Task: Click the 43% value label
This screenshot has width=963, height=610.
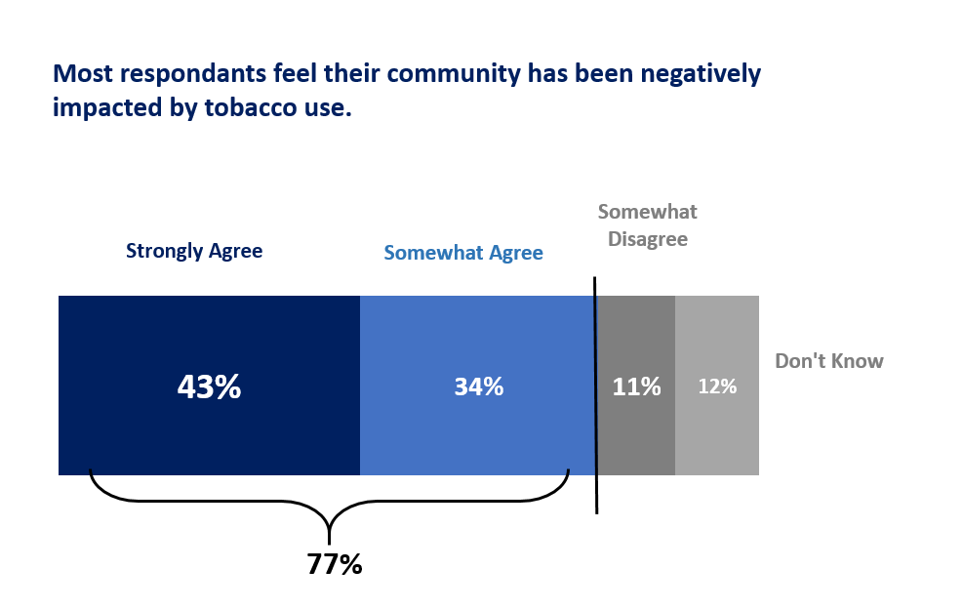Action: [x=209, y=386]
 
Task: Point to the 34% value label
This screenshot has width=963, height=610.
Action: [x=478, y=386]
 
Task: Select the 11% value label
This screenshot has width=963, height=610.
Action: [x=636, y=386]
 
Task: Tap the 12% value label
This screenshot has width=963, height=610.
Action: [x=717, y=386]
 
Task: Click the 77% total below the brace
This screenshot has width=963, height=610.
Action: [x=335, y=564]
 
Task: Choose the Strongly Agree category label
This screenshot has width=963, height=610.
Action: [x=194, y=251]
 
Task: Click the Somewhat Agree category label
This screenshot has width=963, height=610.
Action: [x=463, y=253]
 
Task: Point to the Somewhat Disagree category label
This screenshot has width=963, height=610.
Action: [x=648, y=225]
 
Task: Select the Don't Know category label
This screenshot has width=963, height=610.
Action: [x=829, y=361]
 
